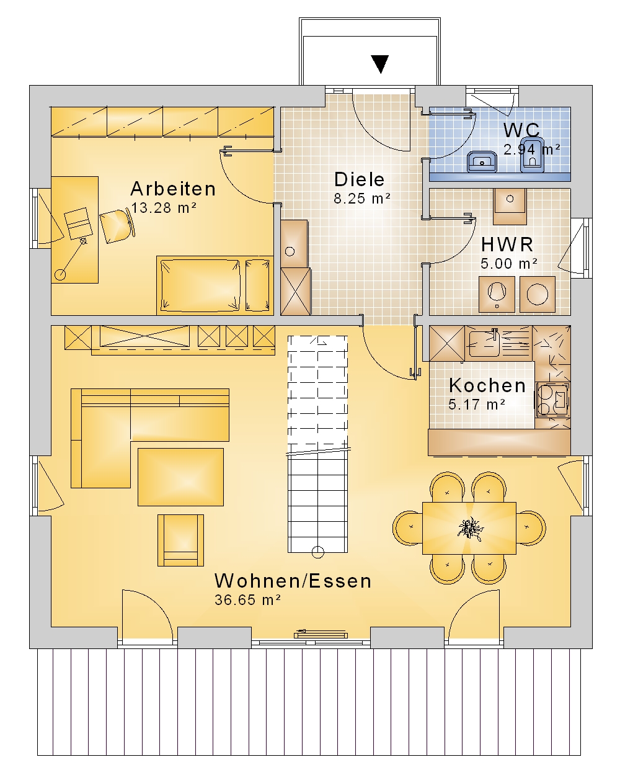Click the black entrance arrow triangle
click(380, 64)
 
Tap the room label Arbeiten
click(173, 189)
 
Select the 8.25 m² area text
click(362, 199)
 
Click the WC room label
click(521, 130)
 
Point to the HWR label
click(507, 244)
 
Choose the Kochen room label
click(487, 385)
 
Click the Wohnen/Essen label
click(293, 581)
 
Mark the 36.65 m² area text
click(247, 600)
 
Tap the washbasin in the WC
click(482, 162)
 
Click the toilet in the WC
click(532, 155)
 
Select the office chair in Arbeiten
click(117, 225)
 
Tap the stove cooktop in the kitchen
click(552, 400)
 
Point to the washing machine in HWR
click(538, 294)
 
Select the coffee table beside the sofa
click(180, 477)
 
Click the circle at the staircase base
click(317, 552)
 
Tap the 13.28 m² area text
click(164, 208)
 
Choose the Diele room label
click(359, 179)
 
